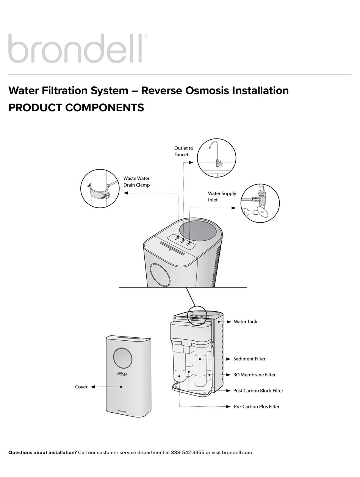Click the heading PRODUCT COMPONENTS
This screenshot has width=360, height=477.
coord(76,108)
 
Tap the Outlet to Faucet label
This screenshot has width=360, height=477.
coord(183,151)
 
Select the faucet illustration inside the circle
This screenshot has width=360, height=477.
coord(216,157)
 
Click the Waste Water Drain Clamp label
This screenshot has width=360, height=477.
coord(136,182)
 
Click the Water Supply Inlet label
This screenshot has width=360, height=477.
coord(222,196)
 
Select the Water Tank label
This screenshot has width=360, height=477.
coord(245,322)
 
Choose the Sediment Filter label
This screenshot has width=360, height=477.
coord(249,359)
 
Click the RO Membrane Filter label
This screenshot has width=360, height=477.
coord(254,375)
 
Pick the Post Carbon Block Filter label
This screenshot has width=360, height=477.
coord(258,391)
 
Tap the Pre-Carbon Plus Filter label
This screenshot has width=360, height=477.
coord(256,407)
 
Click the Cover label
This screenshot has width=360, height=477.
coord(81,387)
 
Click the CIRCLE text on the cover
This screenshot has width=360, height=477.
coord(122,374)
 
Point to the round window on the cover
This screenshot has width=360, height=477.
coord(123,358)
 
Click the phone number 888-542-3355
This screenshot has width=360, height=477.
coord(188,452)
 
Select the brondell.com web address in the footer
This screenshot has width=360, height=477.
coord(236,452)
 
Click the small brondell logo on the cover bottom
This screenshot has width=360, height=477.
coord(122,410)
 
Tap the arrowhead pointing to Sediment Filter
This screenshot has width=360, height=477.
coord(228,359)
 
